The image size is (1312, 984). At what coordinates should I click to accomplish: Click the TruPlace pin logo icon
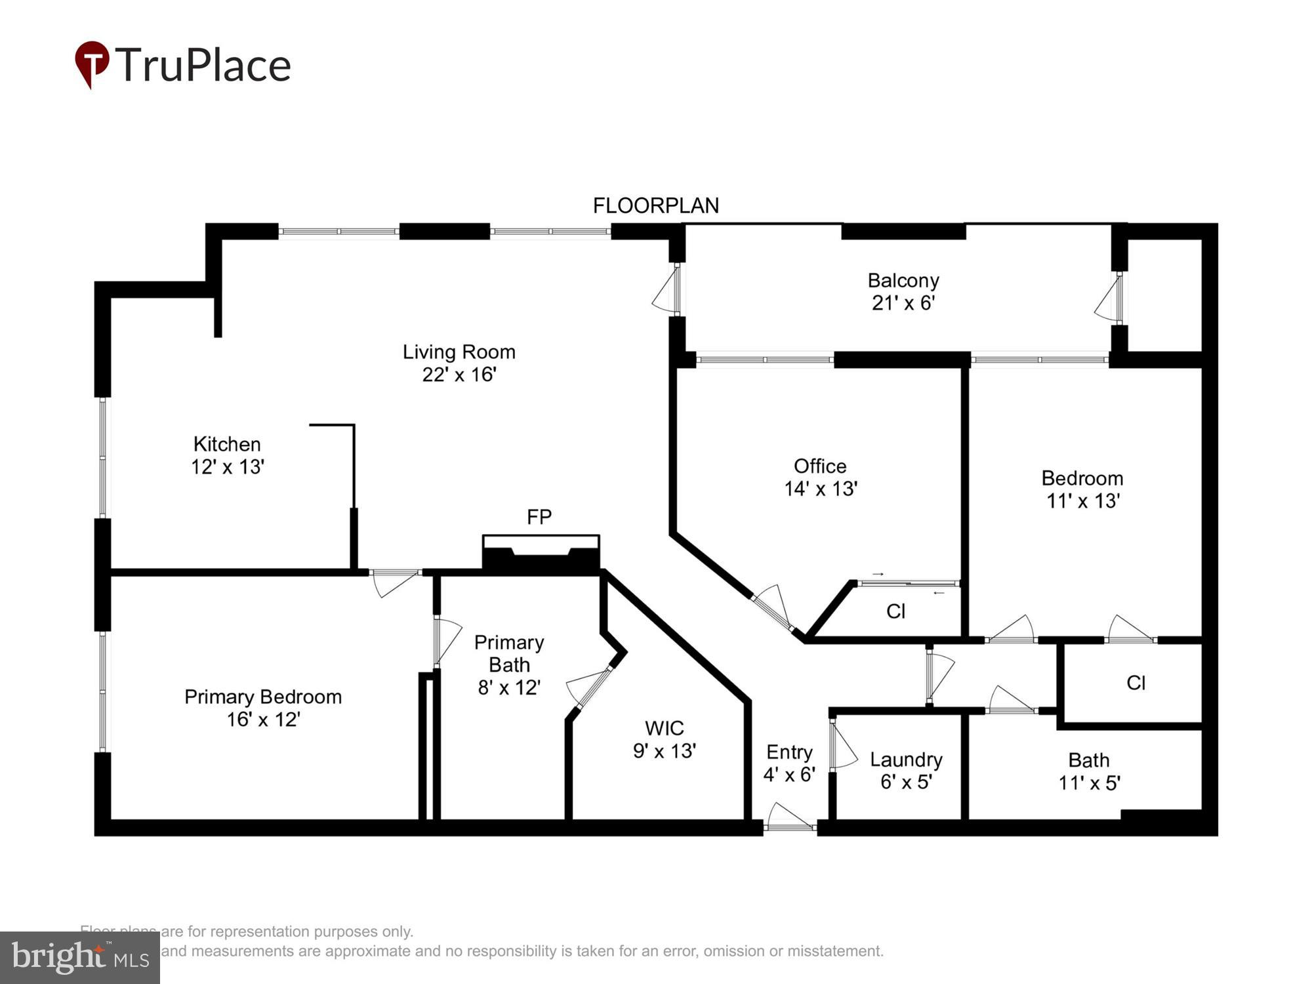coord(92,64)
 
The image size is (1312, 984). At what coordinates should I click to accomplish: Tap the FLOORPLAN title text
coord(655,206)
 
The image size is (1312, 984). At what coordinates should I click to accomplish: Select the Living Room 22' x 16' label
coord(459,363)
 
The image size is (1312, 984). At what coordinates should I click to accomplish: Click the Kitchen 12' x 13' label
coord(227,455)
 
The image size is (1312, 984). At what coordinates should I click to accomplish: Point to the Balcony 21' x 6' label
coord(903,291)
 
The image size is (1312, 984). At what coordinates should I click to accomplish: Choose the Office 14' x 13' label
coord(820,477)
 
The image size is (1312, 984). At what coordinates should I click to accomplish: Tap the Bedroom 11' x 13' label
coord(1082,489)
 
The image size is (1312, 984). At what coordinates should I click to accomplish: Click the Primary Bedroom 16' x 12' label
coord(263,708)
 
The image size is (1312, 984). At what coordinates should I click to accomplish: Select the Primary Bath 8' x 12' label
coord(509,665)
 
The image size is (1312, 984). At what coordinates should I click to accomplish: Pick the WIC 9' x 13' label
coord(664,739)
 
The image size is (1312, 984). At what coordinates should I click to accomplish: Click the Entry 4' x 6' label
coord(789,763)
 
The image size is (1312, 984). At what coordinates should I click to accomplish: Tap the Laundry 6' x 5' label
coord(906,770)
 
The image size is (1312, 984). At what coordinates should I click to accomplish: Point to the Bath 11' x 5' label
coord(1089,771)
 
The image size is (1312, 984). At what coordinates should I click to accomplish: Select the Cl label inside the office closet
coord(895,611)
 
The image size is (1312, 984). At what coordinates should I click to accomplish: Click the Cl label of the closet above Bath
coord(1136,683)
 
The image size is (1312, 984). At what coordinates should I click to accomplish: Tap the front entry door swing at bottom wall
coord(790,817)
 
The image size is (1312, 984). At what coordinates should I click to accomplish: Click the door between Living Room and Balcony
coord(668,289)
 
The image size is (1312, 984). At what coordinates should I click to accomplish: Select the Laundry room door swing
coord(843,745)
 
